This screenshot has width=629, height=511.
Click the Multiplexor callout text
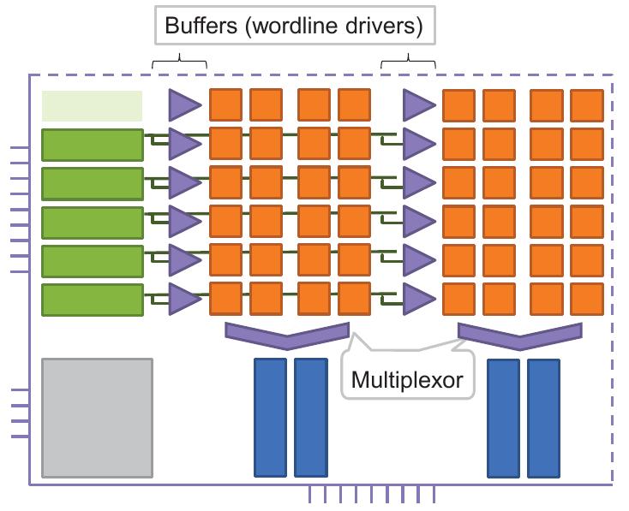click(407, 379)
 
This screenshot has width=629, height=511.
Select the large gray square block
click(97, 418)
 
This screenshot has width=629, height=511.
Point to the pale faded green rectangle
click(92, 105)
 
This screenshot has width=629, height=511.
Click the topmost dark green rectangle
click(92, 144)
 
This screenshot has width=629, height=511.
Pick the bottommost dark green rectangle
click(92, 299)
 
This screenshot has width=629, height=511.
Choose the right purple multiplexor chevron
click(521, 333)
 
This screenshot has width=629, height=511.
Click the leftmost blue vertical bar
click(270, 417)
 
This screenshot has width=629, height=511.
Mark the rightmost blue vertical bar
click(543, 417)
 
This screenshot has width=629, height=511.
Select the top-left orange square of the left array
click(226, 104)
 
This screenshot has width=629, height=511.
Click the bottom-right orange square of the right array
click(587, 299)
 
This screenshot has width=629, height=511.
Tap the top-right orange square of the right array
click(587, 105)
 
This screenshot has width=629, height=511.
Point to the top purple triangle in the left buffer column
click(183, 104)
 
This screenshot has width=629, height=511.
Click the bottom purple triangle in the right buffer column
click(417, 299)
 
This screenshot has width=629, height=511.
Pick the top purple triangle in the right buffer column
click(417, 105)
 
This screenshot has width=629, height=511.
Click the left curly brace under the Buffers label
click(179, 61)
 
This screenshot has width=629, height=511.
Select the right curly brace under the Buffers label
click(409, 61)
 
